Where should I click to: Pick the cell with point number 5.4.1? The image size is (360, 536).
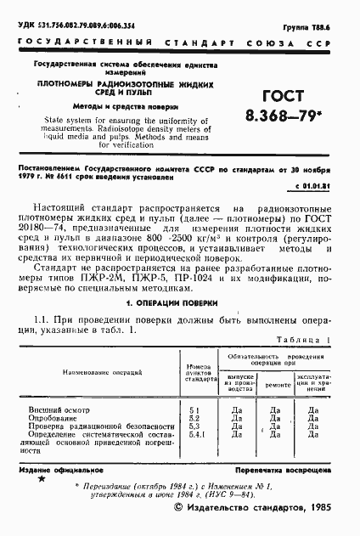tap(195, 435)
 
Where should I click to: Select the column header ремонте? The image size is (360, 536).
tap(274, 385)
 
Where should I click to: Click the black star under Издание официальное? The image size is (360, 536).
tap(40, 481)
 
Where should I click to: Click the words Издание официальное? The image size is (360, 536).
tap(60, 469)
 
